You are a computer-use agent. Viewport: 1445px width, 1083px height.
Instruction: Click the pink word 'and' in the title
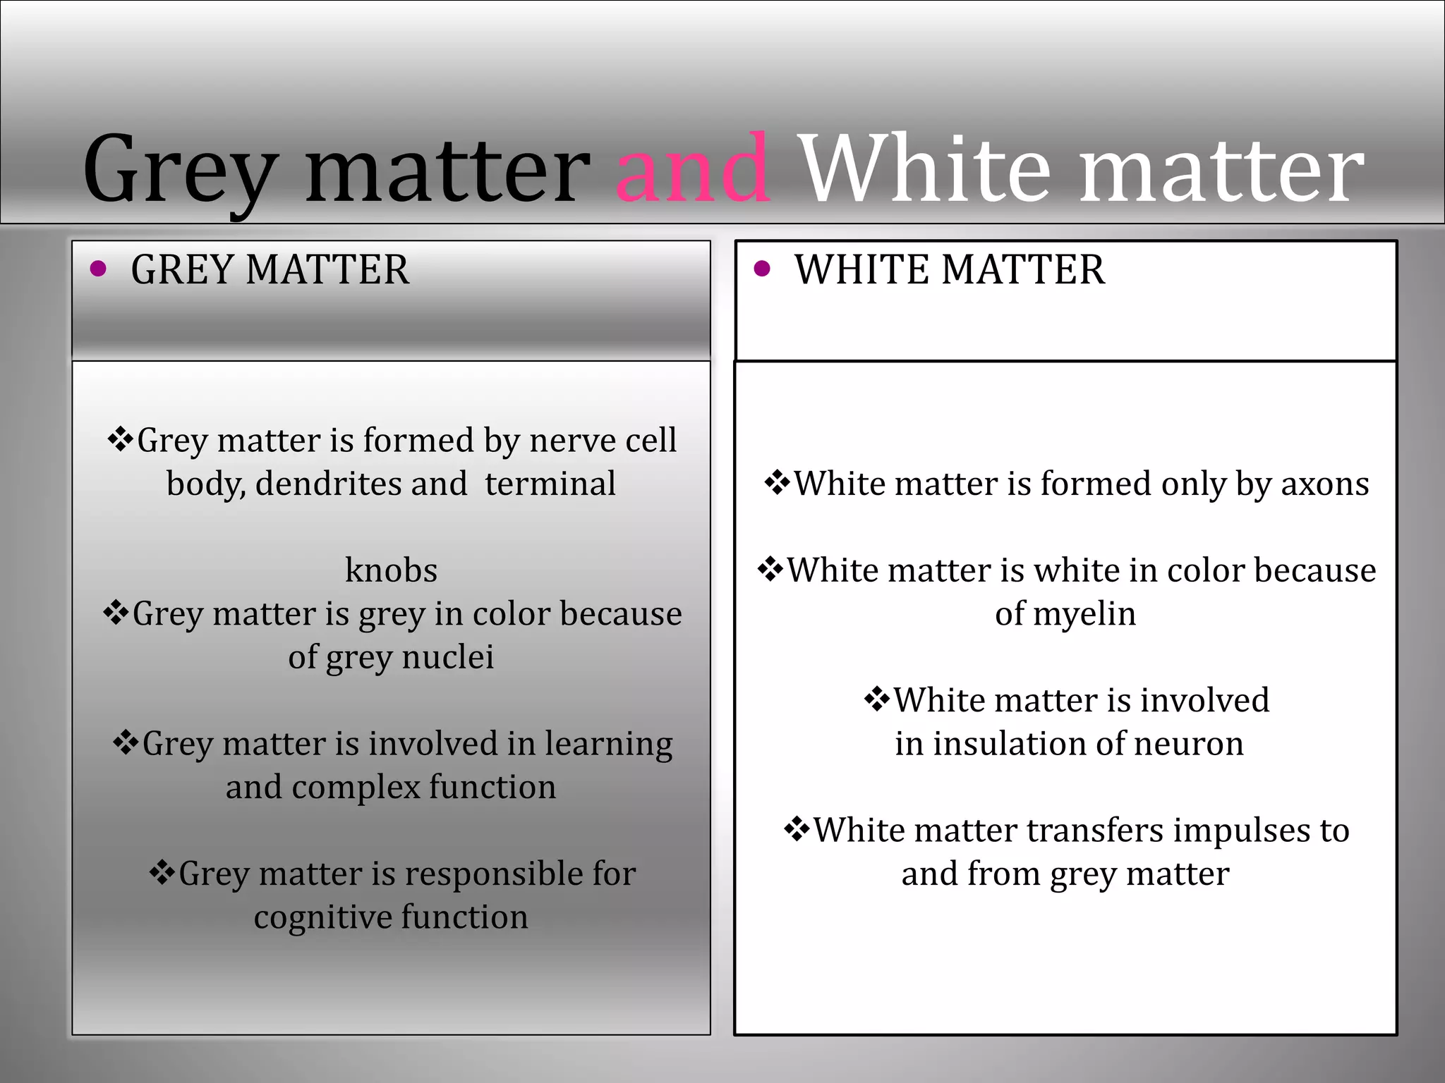[x=694, y=171]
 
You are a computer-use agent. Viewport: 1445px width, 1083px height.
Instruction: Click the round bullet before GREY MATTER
[x=99, y=269]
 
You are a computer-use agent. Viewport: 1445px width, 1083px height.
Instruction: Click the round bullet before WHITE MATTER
[x=762, y=269]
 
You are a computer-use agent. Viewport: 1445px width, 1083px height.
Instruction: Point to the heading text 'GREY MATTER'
[x=270, y=270]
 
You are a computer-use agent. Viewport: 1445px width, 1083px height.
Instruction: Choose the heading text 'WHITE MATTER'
[x=950, y=270]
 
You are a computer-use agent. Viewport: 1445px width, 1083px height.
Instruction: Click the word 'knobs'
[x=391, y=570]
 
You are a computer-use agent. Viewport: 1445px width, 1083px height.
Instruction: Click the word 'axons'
[x=1324, y=484]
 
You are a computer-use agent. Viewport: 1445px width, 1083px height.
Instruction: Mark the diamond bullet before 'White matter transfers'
[x=797, y=829]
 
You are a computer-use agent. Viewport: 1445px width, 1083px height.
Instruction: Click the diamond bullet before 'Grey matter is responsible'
[x=162, y=873]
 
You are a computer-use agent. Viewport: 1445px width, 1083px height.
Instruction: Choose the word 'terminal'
[x=550, y=484]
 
